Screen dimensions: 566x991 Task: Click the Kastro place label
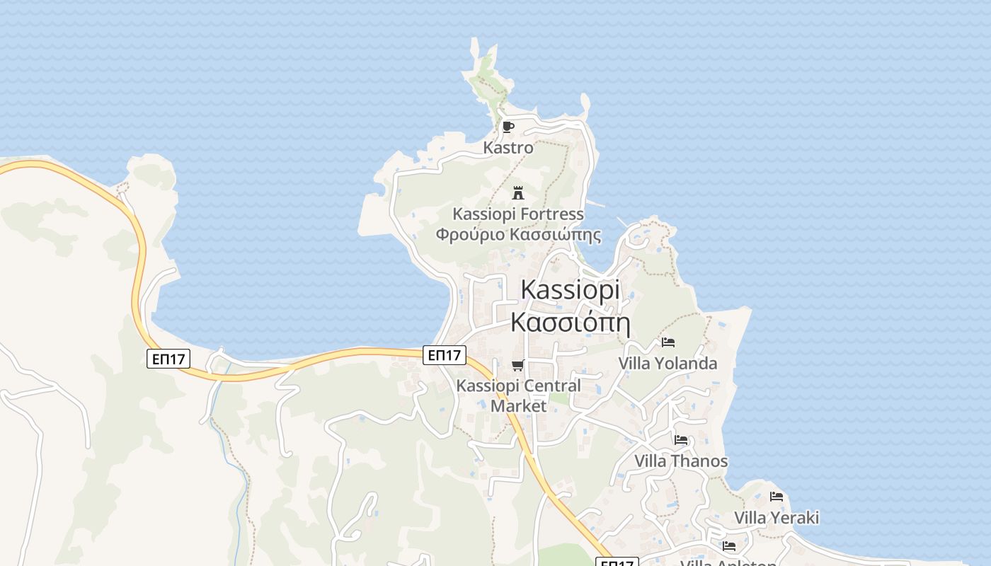tap(508, 148)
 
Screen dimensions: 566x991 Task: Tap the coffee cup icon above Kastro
tap(508, 127)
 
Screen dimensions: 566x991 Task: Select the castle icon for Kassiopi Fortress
tap(518, 192)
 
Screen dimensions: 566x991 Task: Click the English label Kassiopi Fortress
tap(518, 214)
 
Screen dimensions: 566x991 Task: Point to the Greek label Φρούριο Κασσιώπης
tap(518, 235)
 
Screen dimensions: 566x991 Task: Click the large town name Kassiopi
tap(570, 290)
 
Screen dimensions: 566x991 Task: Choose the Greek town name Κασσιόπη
tap(570, 323)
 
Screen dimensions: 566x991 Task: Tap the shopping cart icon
tap(518, 366)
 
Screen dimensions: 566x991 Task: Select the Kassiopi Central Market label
tap(519, 395)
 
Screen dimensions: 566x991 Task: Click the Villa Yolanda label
tap(668, 364)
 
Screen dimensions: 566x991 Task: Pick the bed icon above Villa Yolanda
tap(668, 342)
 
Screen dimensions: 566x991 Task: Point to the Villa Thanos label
tap(680, 461)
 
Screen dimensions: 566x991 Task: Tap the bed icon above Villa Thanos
tap(680, 440)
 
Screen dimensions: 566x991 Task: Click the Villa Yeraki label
tap(776, 518)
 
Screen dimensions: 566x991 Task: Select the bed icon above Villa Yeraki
tap(776, 497)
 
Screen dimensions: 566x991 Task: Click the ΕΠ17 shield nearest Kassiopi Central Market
tap(445, 355)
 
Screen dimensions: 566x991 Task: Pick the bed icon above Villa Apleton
tap(728, 546)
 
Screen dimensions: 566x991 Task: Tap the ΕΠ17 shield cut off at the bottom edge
tap(617, 562)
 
